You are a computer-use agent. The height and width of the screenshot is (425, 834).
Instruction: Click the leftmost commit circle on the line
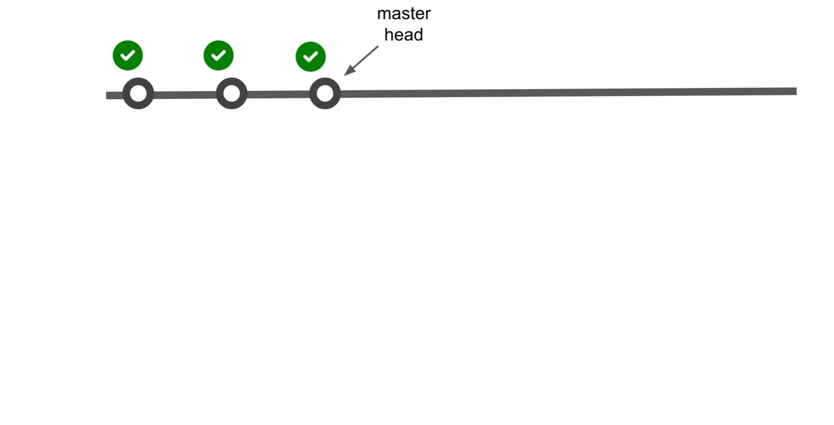pos(138,93)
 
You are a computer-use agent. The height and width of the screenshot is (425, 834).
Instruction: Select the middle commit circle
pos(232,93)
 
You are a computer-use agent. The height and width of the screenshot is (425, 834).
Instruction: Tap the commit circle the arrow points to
pos(325,93)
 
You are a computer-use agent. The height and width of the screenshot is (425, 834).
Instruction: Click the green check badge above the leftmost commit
pos(128,55)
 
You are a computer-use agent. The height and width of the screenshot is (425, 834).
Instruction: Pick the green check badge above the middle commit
pos(218,55)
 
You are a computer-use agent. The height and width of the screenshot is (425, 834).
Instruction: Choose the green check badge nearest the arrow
pos(311,56)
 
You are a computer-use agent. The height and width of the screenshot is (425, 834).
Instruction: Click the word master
pos(403,14)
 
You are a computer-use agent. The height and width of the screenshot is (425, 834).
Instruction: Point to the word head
pos(403,35)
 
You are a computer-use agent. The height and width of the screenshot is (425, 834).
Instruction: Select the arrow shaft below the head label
pos(365,58)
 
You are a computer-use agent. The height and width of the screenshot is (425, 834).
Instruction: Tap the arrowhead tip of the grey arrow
pos(346,74)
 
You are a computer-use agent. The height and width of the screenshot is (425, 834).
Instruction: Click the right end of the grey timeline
pos(795,91)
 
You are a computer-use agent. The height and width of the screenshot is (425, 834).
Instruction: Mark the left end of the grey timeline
pos(108,96)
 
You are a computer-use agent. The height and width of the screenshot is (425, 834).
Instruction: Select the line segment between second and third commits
pos(278,94)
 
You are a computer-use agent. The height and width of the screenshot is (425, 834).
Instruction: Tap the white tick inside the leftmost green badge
pos(128,55)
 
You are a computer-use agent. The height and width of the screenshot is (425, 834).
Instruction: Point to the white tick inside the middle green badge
pos(218,55)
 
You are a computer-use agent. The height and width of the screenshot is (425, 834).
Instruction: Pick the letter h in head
pos(389,35)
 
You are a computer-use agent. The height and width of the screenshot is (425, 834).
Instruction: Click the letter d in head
pos(418,35)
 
